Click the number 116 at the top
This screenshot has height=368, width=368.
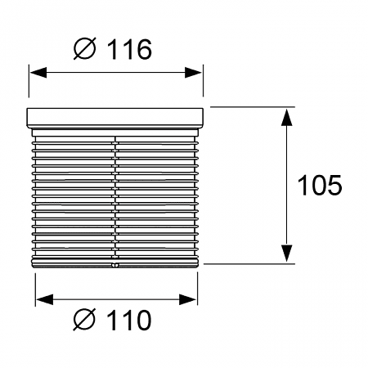[129, 49]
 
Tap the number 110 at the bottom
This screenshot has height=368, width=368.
[129, 320]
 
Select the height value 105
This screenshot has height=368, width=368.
[320, 186]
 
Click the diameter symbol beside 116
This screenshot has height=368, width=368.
[85, 48]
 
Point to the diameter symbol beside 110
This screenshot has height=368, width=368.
[84, 319]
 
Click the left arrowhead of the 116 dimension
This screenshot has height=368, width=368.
[38, 73]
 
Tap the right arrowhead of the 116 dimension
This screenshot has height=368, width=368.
[193, 73]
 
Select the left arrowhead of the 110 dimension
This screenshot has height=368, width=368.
[44, 299]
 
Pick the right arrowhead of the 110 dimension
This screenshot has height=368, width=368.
[187, 299]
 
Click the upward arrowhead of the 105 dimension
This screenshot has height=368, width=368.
[287, 117]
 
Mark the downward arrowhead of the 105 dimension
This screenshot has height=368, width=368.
[287, 254]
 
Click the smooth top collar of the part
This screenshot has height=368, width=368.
[114, 118]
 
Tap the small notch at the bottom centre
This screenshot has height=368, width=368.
[114, 265]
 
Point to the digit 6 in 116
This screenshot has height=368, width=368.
[144, 49]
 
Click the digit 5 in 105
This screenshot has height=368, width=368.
[334, 186]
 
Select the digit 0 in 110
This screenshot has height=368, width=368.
[143, 320]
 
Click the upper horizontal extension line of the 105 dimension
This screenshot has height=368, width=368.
[253, 107]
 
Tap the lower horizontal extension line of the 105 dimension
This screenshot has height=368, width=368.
[249, 264]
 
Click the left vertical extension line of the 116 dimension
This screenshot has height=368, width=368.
[29, 81]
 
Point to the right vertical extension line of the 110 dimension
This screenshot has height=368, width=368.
[198, 289]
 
